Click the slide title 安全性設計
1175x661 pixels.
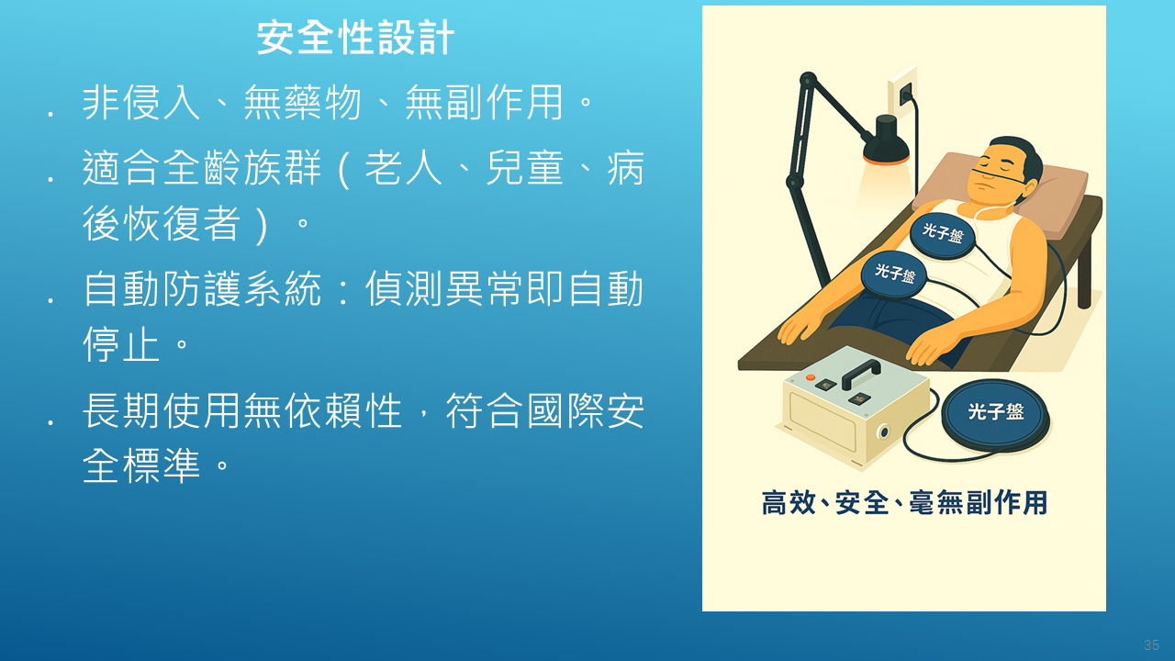(355, 38)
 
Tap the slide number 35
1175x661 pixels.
(1151, 644)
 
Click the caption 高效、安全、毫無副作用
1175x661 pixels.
(904, 502)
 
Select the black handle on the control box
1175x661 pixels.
(861, 374)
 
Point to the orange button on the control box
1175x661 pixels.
(811, 376)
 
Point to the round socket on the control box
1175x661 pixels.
(884, 432)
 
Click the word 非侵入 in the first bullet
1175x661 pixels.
(141, 102)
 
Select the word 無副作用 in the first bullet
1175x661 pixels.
(485, 102)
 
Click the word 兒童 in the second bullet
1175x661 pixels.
(525, 168)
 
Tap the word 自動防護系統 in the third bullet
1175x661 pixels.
(202, 288)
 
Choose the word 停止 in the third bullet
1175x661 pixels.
(121, 344)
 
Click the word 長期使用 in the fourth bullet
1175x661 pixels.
(162, 410)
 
